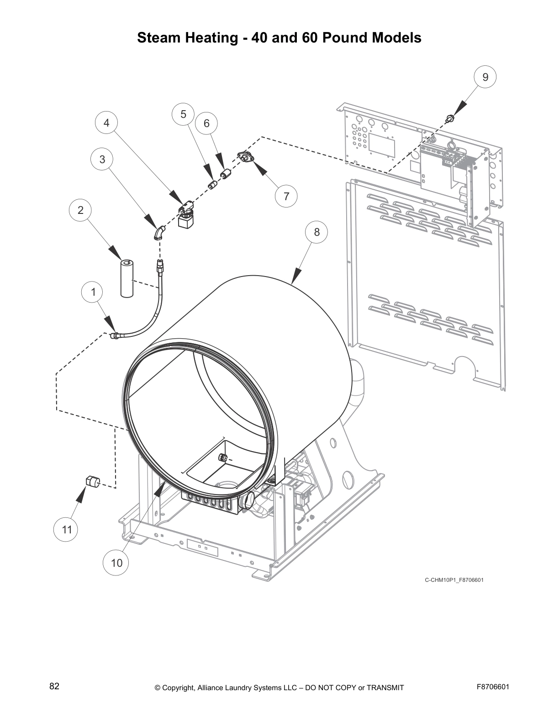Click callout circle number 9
tap(485, 77)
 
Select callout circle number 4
tap(106, 123)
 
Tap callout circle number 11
tap(67, 530)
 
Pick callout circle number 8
tap(317, 232)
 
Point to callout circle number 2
tap(80, 210)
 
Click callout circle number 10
tap(117, 563)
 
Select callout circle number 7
tap(286, 196)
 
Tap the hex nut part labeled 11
tap(93, 482)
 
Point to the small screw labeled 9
tap(450, 119)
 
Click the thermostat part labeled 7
tap(246, 157)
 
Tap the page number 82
tap(54, 686)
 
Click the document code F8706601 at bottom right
tap(493, 687)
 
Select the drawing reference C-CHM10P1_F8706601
tap(454, 580)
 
